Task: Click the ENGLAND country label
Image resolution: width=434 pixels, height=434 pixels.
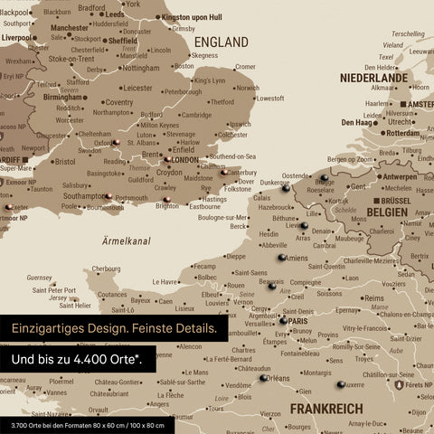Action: click(222, 42)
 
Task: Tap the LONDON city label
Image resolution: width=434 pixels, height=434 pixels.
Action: click(184, 160)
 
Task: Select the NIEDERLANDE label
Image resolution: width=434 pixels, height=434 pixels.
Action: click(373, 79)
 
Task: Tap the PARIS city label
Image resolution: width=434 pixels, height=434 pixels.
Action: click(299, 321)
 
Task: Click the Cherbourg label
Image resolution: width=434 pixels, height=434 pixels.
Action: click(107, 269)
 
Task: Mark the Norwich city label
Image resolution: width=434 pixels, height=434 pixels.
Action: click(246, 88)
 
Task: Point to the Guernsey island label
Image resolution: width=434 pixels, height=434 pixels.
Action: click(40, 278)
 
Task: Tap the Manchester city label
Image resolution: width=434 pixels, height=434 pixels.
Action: click(70, 28)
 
